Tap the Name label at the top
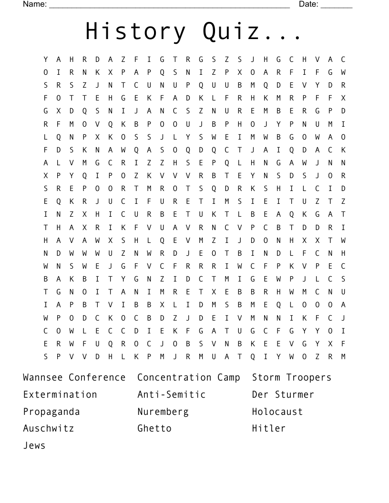click(x=34, y=4)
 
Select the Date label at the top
click(x=308, y=4)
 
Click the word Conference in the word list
click(x=97, y=378)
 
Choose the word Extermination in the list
click(x=60, y=395)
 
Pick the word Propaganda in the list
click(x=51, y=412)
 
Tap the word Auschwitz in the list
click(x=49, y=428)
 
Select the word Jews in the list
click(x=34, y=446)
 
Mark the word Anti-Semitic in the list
click(x=172, y=395)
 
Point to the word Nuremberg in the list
click(x=163, y=412)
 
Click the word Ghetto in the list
click(x=154, y=428)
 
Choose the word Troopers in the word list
click(x=308, y=378)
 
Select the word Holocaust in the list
click(x=277, y=412)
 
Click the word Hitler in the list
click(x=269, y=428)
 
